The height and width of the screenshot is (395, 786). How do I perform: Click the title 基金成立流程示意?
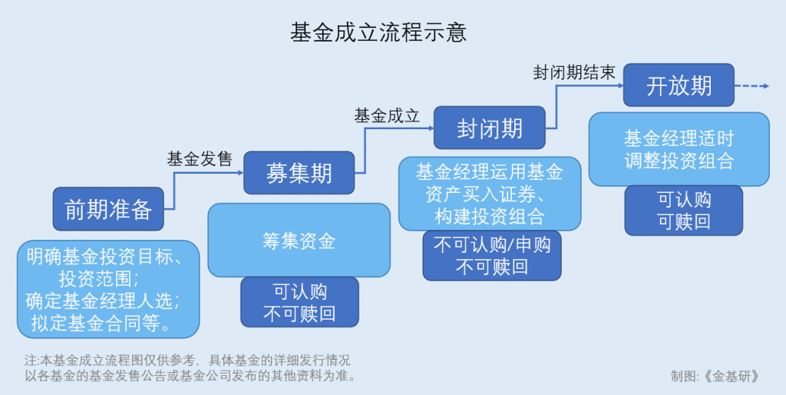click(x=378, y=32)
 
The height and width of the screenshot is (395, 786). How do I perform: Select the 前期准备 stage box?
click(x=108, y=209)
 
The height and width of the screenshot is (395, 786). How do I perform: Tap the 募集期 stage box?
click(x=299, y=172)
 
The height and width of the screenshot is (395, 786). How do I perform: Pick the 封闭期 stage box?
click(x=490, y=128)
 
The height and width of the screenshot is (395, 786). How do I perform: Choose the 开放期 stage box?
click(x=679, y=85)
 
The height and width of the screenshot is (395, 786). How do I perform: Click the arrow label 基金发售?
click(x=200, y=159)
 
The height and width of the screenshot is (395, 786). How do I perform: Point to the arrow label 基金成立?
click(x=387, y=116)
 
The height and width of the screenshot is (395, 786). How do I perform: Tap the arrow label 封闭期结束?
click(x=574, y=73)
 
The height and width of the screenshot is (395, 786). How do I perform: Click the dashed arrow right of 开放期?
click(x=751, y=86)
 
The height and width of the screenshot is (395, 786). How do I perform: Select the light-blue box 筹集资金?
click(x=299, y=241)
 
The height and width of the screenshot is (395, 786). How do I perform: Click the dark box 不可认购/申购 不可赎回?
click(x=492, y=256)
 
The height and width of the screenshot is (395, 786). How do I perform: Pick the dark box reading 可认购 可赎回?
click(x=684, y=211)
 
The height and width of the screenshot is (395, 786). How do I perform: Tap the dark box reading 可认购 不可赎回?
click(x=299, y=303)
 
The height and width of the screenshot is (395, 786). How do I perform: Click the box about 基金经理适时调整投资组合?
click(x=679, y=150)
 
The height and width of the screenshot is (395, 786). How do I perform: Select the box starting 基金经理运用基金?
click(x=490, y=194)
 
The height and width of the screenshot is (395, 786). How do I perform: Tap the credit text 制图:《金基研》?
click(x=716, y=377)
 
